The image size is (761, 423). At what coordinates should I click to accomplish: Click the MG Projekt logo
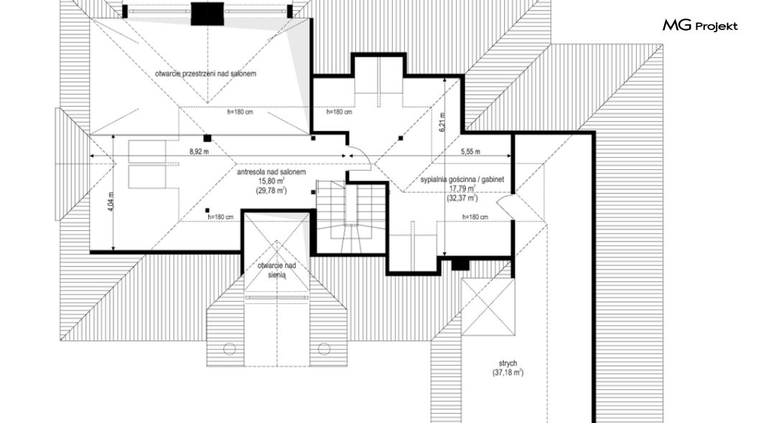coord(700,26)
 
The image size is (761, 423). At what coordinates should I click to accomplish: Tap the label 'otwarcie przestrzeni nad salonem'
coord(206,74)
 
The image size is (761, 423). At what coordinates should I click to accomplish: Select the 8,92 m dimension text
coord(199,151)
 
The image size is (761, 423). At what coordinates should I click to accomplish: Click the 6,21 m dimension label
coord(442,123)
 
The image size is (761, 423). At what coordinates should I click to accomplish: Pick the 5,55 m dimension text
coord(470,151)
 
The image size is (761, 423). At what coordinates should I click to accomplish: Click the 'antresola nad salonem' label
coord(271,172)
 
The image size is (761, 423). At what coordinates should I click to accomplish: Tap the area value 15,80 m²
coord(271,181)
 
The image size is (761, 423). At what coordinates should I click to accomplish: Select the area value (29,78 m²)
coord(271,191)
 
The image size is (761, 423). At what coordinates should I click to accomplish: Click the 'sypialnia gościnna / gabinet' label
coord(462,179)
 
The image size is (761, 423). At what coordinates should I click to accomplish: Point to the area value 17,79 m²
coord(462,189)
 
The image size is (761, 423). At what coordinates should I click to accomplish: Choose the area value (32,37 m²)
coord(462,198)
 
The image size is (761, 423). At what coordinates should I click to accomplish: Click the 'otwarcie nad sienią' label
coord(276,270)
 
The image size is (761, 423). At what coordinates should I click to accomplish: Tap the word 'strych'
coord(508,363)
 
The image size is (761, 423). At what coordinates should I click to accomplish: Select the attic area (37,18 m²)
coord(508,373)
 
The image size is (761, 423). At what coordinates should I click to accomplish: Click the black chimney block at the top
coord(207,14)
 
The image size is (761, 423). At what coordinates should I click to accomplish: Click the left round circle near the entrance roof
coord(230,348)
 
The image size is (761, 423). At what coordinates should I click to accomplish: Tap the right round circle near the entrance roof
coord(324,348)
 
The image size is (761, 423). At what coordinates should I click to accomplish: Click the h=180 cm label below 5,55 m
coord(475,217)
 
